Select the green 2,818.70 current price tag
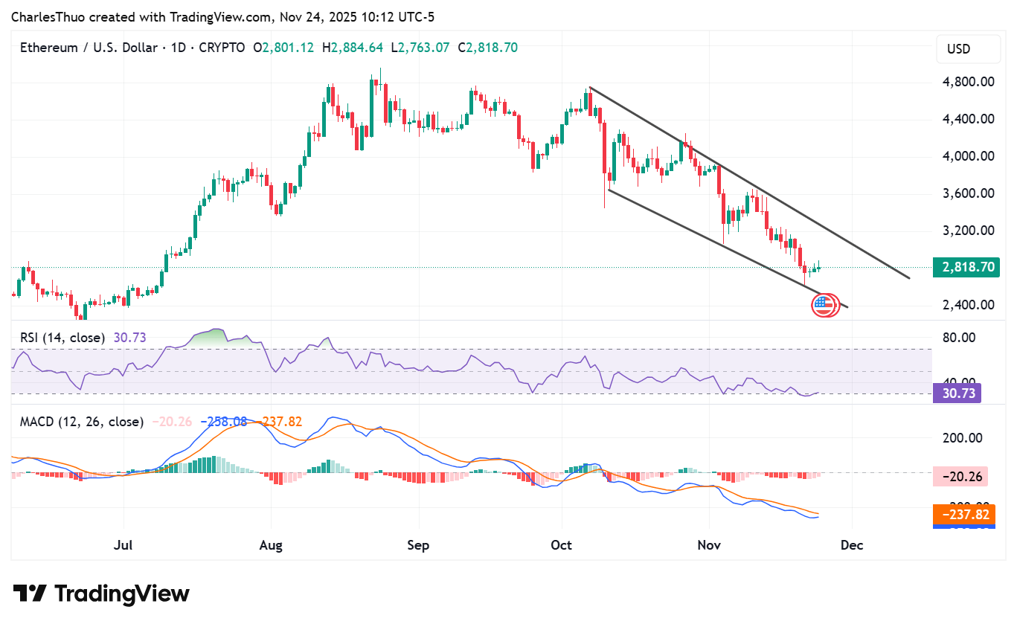tap(966, 268)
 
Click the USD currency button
tap(959, 50)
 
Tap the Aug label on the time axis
tap(271, 545)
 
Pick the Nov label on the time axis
tap(709, 545)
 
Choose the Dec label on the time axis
tap(852, 545)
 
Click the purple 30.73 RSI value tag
tap(957, 393)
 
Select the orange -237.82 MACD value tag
tap(964, 515)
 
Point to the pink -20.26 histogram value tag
tap(964, 476)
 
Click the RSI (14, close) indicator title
tap(62, 338)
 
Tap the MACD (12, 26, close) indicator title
tap(82, 422)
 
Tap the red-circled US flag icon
tap(824, 304)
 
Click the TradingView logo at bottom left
tap(102, 594)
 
